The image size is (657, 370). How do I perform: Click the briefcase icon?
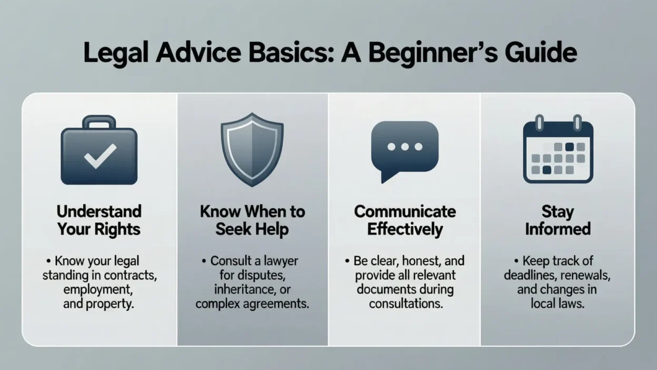[x=99, y=153]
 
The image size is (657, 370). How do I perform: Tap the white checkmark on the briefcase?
[x=99, y=157]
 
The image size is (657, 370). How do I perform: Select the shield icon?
[x=252, y=150]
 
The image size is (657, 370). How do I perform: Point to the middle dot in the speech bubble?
[x=404, y=147]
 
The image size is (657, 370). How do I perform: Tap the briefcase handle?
[x=99, y=122]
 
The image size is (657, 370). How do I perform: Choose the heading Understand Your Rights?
[x=99, y=220]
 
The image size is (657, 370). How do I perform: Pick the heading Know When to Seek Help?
[x=252, y=220]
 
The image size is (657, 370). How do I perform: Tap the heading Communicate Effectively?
[x=405, y=220]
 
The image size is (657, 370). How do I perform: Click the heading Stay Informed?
[x=558, y=220]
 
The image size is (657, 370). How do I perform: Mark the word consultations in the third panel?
[x=405, y=304]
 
